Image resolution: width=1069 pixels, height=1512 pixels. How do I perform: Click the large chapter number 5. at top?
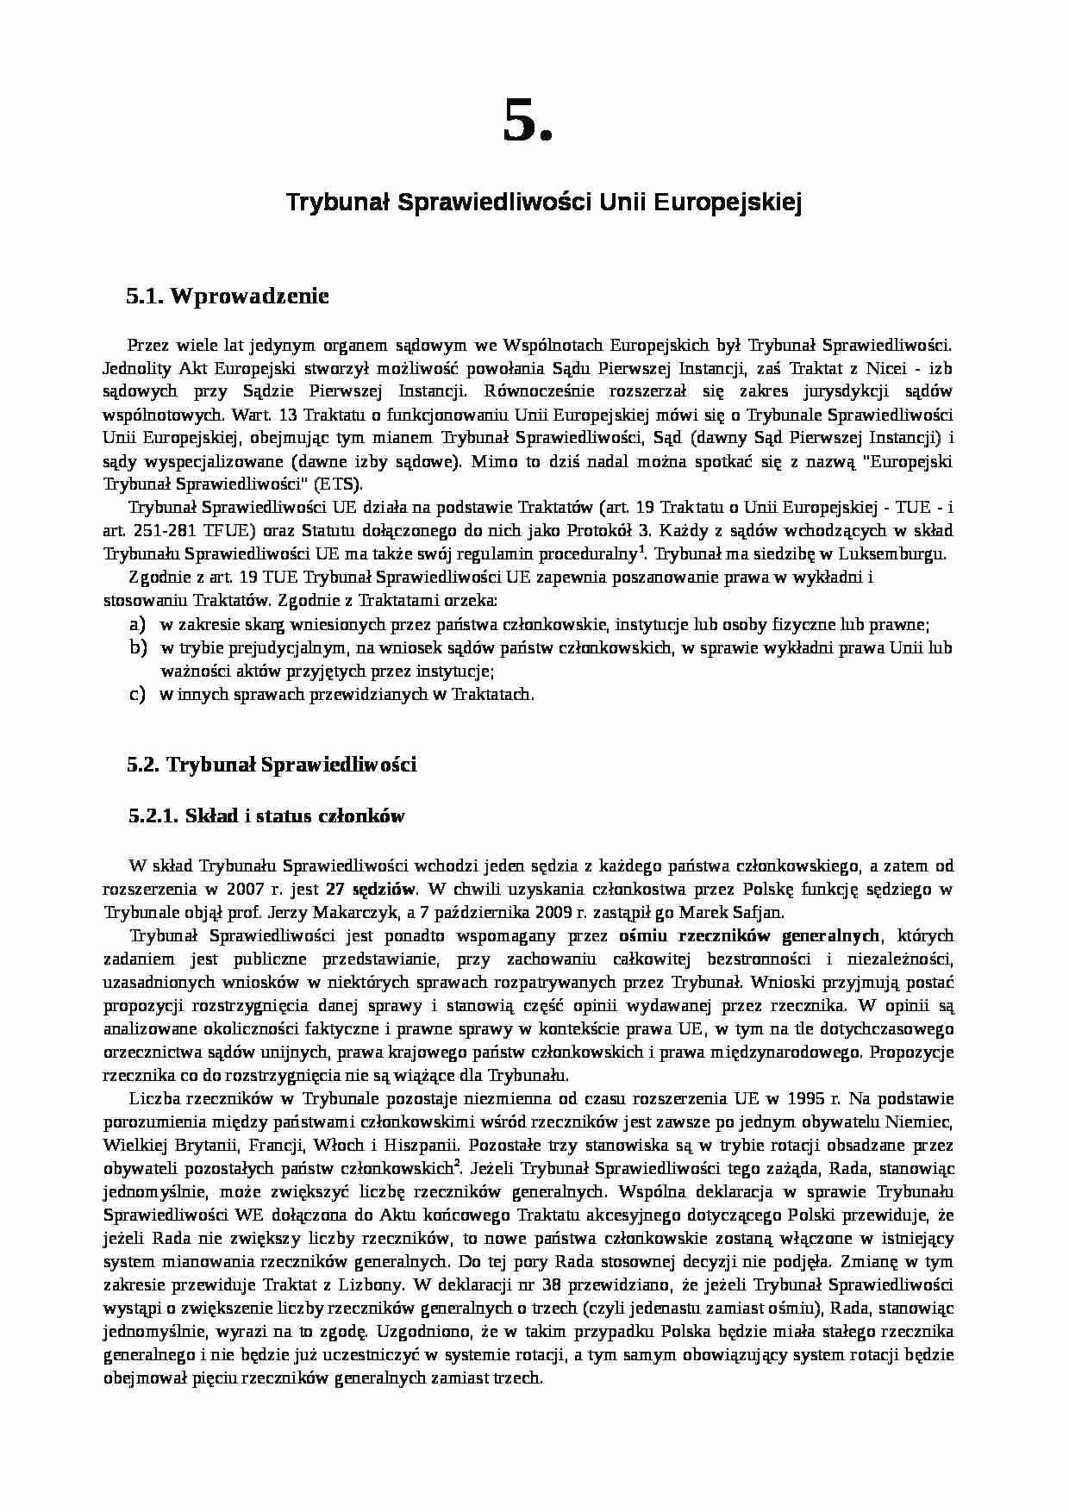[x=527, y=122]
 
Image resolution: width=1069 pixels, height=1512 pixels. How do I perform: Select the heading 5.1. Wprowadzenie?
[x=228, y=297]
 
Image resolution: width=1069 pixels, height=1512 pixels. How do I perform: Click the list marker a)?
[x=137, y=623]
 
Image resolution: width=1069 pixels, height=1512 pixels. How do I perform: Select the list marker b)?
[x=137, y=647]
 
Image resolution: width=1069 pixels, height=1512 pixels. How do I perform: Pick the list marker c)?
[x=137, y=694]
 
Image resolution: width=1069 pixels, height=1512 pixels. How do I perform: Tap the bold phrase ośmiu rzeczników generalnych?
[x=749, y=935]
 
